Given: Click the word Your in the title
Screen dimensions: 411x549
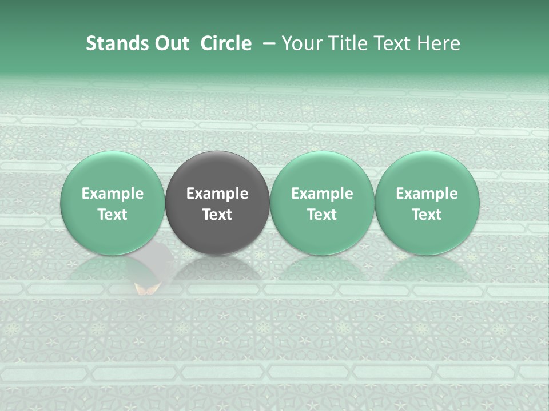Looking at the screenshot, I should (x=300, y=43).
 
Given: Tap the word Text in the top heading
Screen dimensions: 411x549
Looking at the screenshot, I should (x=393, y=43).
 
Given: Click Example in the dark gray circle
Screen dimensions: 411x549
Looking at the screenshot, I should (x=217, y=194).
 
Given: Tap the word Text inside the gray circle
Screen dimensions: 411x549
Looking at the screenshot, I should (x=217, y=215).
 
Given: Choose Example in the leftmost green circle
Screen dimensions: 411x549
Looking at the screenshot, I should (x=113, y=194).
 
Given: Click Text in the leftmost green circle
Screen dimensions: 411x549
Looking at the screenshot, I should (x=113, y=215).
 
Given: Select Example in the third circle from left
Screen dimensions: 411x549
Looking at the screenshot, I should (x=322, y=194).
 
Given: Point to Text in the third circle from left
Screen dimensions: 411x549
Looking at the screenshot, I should (x=322, y=215).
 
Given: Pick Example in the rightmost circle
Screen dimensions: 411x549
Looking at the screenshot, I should (x=427, y=194).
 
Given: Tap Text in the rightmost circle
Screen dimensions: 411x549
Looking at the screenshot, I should (x=427, y=215).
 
